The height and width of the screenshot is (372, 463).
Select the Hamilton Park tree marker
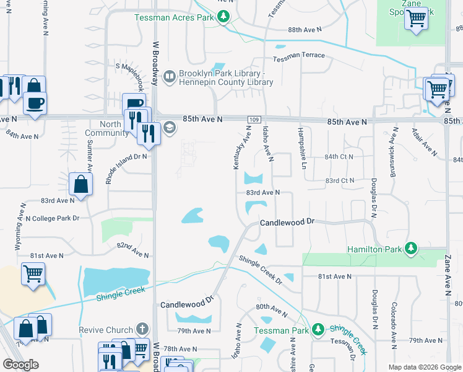[410, 249]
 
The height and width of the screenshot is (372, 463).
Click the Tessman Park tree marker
[318, 329]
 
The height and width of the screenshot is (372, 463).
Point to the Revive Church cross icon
[142, 329]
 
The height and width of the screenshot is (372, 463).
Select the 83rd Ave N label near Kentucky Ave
[263, 193]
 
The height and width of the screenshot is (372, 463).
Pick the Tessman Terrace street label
[299, 56]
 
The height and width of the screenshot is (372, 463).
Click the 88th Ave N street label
[305, 29]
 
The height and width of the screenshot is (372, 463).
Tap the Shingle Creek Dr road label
[261, 270]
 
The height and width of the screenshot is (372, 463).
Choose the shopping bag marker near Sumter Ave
[81, 184]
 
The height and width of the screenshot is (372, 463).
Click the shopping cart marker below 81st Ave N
[33, 273]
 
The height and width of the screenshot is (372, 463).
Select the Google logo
[20, 365]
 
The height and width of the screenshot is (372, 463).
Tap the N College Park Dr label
[53, 218]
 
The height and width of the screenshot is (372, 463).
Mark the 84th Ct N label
[338, 157]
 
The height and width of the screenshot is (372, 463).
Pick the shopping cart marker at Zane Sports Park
[417, 19]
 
